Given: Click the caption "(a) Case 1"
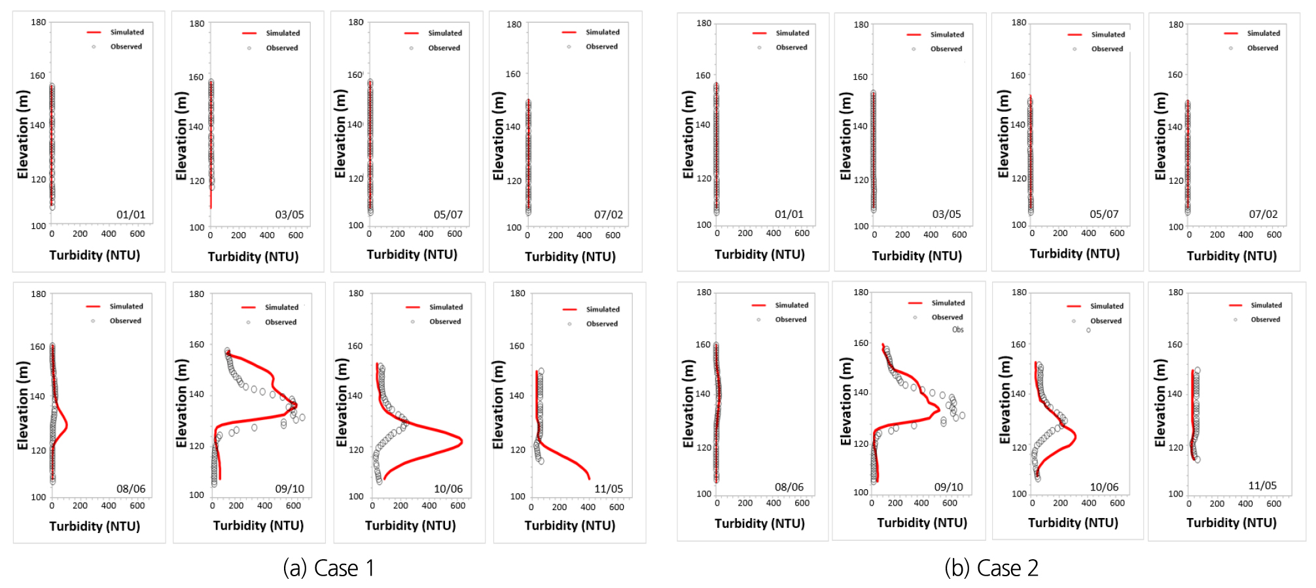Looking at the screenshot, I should point(329,568).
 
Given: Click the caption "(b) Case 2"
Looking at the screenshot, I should point(991,568).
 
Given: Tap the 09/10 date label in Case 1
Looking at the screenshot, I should point(289,489).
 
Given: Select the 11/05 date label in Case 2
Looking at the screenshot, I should point(1262,485).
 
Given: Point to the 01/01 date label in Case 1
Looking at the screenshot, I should point(131,215).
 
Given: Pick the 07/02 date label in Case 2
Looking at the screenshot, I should point(1263,214).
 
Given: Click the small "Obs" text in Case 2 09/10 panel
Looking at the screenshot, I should point(958,330).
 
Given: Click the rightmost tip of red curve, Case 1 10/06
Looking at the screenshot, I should point(463,441).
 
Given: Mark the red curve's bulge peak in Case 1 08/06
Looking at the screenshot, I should point(67,425).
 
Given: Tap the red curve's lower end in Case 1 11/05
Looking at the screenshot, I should point(589,478).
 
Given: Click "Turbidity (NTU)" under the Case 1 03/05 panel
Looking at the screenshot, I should point(253,256).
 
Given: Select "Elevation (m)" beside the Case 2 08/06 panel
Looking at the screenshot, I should point(688,404).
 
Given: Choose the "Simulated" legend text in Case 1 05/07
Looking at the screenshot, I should point(445,33).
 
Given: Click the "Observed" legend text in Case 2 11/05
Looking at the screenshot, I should point(1266,319).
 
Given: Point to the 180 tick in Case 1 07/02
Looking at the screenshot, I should point(514,24).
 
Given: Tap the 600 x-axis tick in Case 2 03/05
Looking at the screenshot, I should point(959,234).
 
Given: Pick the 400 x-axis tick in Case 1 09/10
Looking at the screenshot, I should point(265,506).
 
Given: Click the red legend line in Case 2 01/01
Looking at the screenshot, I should point(759,33).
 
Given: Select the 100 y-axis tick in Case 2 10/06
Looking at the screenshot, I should point(1019,494).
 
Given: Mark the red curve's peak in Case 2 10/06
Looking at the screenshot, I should point(1075,436).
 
